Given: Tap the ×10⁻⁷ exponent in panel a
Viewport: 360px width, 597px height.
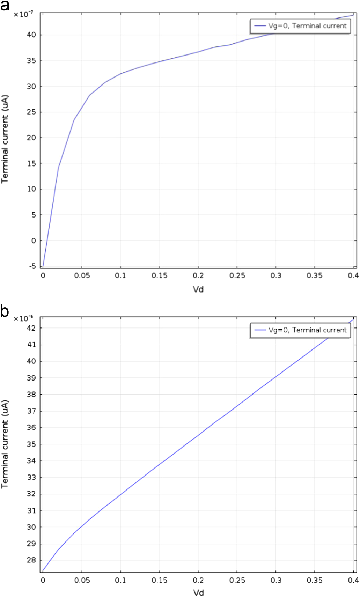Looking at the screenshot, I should [x=23, y=14].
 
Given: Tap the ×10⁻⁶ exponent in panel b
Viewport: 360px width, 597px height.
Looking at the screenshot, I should [x=23, y=318].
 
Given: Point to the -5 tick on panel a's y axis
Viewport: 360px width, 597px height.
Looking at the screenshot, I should [x=32, y=266].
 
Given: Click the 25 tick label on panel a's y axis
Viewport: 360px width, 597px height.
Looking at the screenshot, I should [x=31, y=112].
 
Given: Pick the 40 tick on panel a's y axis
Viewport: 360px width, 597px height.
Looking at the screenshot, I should [x=31, y=35].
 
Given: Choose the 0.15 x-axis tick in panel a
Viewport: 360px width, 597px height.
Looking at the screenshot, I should [x=159, y=275].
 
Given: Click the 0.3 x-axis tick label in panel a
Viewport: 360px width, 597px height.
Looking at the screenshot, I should [x=276, y=275].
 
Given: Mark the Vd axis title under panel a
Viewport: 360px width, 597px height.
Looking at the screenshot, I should [x=198, y=289].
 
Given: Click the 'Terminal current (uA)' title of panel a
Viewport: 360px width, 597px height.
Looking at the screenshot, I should [x=5, y=139].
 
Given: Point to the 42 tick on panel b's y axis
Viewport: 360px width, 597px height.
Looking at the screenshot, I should [x=31, y=328].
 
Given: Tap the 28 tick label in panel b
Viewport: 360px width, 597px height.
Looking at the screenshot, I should [x=31, y=560].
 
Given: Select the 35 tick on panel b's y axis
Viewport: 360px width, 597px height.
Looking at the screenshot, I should [x=31, y=444].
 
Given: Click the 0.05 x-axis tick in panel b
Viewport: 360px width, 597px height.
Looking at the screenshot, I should [x=82, y=580].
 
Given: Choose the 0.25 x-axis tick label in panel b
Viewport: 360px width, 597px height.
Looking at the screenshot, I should [x=237, y=580].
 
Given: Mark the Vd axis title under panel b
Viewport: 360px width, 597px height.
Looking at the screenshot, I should [x=198, y=592].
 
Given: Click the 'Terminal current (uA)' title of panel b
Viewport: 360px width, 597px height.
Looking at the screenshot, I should [x=5, y=444].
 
